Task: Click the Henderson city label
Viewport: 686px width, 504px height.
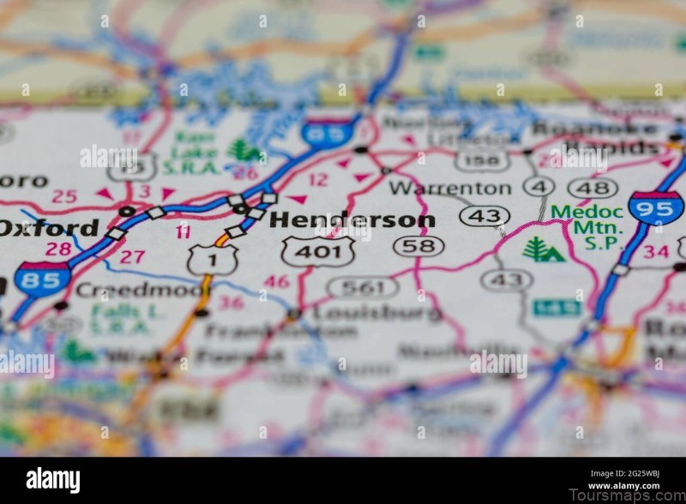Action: (352, 220)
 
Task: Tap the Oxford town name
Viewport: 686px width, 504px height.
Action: (49, 227)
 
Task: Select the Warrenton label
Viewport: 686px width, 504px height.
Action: (449, 188)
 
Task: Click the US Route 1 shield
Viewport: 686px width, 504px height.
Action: (213, 259)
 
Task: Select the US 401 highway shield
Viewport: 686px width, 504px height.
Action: (318, 251)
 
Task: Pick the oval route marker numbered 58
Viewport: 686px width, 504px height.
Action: (418, 247)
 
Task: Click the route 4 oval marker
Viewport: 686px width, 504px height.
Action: (539, 187)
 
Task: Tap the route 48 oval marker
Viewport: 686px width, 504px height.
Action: (593, 188)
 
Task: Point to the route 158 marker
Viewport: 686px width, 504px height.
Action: (482, 160)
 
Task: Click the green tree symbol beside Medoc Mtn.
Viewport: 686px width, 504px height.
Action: (543, 250)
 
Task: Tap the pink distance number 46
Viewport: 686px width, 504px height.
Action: (276, 281)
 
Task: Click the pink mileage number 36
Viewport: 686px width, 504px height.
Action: (231, 302)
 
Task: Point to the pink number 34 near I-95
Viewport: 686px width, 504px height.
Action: (656, 251)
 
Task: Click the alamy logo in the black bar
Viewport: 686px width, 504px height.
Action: (52, 480)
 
